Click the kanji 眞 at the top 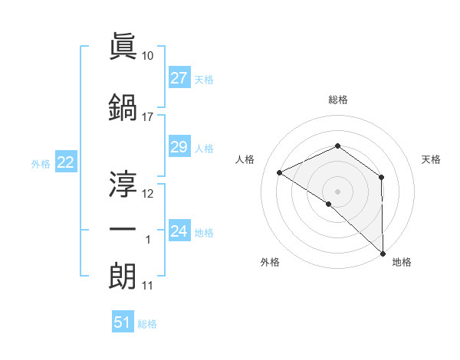coord(123,48)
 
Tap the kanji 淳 coord(123,184)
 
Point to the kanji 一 coord(123,229)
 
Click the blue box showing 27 coord(179,78)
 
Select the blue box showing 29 coord(179,147)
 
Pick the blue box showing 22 coord(66,162)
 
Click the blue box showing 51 coord(123,322)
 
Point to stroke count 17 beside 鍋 coord(148,117)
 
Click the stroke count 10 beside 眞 coord(148,57)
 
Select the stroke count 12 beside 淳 coord(148,194)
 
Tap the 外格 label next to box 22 coord(40,163)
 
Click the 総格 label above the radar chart coord(338,100)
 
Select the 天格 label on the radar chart coord(432,159)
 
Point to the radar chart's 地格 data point coord(382,253)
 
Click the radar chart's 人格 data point coord(280,173)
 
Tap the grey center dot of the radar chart coord(338,191)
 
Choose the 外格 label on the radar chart coord(270,262)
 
